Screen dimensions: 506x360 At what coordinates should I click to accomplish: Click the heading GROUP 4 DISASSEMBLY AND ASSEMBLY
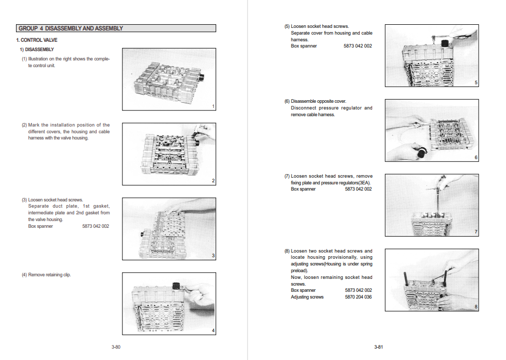(x=71, y=28)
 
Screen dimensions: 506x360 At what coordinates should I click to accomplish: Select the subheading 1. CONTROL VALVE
(x=37, y=40)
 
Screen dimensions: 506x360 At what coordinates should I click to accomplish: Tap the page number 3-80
(x=116, y=347)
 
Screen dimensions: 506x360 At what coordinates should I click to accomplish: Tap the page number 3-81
(x=378, y=347)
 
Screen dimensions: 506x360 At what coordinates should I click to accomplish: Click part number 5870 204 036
(x=358, y=297)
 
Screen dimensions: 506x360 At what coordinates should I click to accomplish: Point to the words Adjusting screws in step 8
(x=307, y=297)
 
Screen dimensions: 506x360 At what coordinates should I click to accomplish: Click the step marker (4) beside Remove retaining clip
(x=24, y=275)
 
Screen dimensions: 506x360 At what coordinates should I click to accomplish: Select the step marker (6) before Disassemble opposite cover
(x=287, y=101)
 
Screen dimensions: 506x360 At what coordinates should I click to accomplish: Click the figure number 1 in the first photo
(x=213, y=106)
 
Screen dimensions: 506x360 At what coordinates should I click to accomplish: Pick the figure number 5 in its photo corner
(x=476, y=83)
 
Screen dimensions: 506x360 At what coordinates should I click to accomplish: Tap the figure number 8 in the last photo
(x=476, y=307)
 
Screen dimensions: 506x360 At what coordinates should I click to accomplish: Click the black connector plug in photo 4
(x=176, y=286)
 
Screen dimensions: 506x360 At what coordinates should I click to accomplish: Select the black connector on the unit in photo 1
(x=202, y=78)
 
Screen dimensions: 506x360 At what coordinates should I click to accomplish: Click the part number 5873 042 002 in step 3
(x=96, y=226)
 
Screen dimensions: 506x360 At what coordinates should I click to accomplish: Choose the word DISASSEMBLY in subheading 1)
(x=39, y=50)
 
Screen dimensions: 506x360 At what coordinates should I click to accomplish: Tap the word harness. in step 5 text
(x=299, y=40)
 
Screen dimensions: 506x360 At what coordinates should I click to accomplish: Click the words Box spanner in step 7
(x=303, y=189)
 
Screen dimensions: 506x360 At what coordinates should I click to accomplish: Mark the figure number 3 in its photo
(x=213, y=256)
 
